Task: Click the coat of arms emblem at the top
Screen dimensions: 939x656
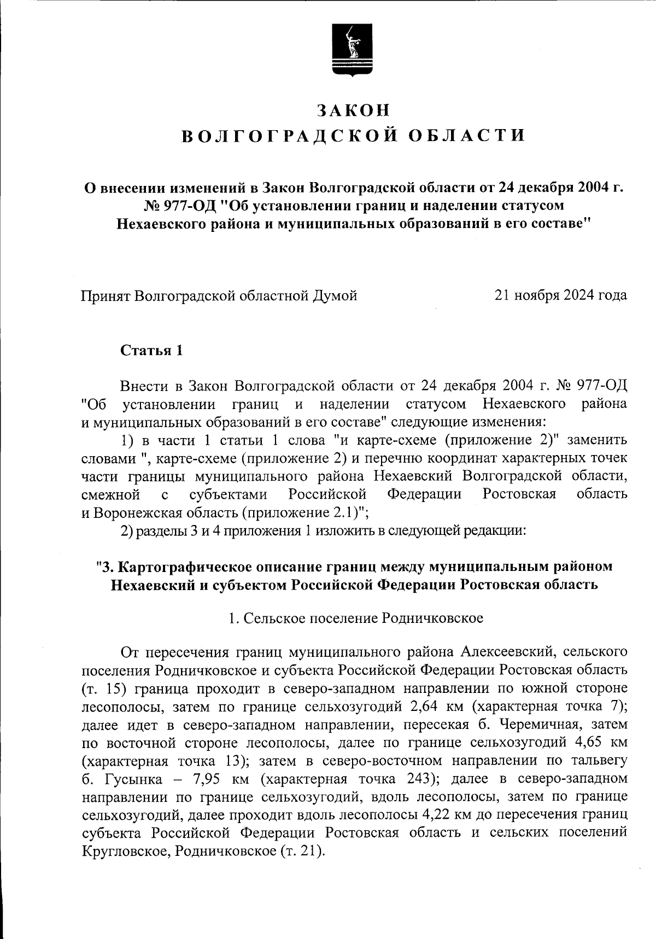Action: [352, 49]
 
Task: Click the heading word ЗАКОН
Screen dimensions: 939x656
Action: [354, 110]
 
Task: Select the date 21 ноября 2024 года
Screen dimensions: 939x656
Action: [560, 295]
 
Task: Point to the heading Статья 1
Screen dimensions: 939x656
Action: [151, 351]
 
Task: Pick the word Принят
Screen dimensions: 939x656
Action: [105, 295]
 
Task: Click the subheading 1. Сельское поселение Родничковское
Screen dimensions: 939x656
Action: [355, 618]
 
